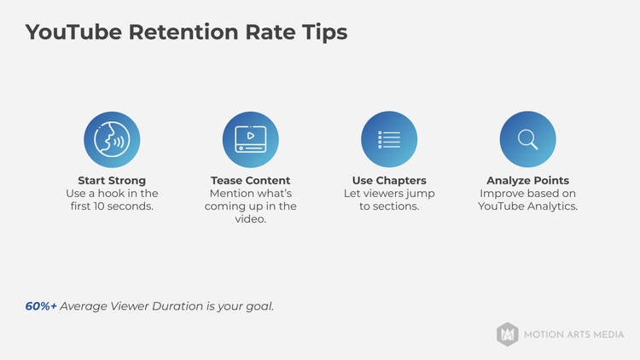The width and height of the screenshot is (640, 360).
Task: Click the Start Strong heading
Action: (x=112, y=181)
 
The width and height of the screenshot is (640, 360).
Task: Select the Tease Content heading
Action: (x=250, y=181)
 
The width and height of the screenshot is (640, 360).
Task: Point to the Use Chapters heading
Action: (x=389, y=181)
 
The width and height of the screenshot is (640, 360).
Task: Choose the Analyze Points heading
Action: (x=527, y=181)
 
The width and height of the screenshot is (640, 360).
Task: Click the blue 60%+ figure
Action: (x=41, y=305)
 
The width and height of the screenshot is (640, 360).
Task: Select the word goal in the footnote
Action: (x=258, y=305)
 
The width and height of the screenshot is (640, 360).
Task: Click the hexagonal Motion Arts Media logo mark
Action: (x=508, y=334)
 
